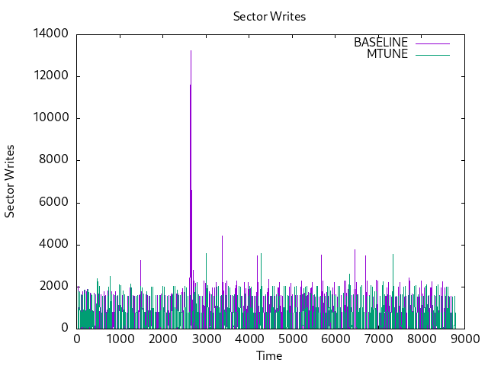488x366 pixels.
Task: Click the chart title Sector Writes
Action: [x=269, y=17]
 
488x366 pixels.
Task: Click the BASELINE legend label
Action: [x=380, y=43]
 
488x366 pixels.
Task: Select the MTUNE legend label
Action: [x=387, y=54]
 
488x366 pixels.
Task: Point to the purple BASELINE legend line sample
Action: [x=432, y=43]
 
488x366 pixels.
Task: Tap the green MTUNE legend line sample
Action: [x=432, y=54]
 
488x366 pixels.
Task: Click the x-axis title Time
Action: [x=269, y=356]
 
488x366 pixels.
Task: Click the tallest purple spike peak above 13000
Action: [x=191, y=51]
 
